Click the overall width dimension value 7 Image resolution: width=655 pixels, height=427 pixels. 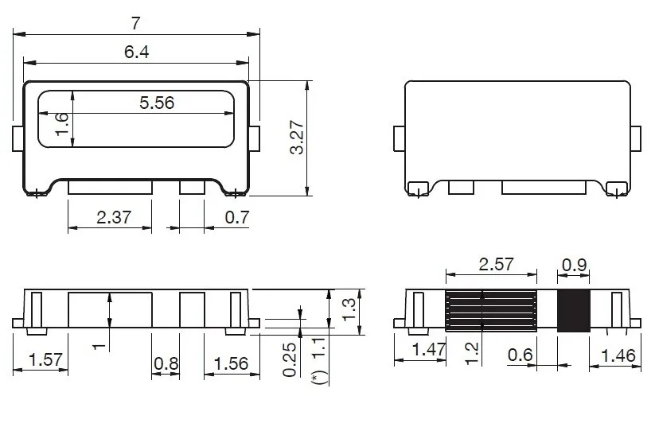point(136,23)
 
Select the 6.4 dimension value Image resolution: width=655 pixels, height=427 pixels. point(137,52)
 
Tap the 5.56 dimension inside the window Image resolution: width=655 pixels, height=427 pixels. point(157,103)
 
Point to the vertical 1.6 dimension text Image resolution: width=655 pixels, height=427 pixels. point(62,124)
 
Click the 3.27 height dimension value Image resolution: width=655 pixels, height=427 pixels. point(297,138)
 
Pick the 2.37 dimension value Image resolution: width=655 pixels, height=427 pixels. point(114,217)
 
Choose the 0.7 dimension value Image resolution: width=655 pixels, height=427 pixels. point(237,217)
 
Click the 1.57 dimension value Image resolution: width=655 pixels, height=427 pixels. point(45,359)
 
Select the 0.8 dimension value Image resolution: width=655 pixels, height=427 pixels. point(166,363)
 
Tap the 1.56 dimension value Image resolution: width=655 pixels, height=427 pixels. point(231,363)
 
